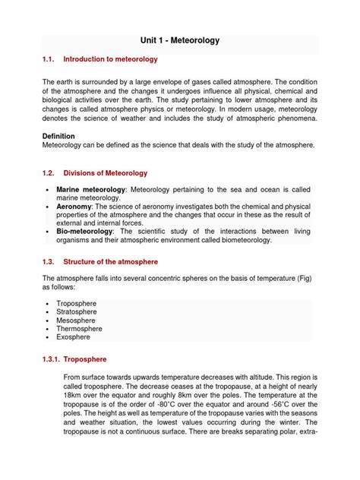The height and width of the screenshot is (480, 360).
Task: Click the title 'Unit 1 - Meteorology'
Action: coord(180,40)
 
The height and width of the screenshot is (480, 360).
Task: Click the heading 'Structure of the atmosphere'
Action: coord(109,262)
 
